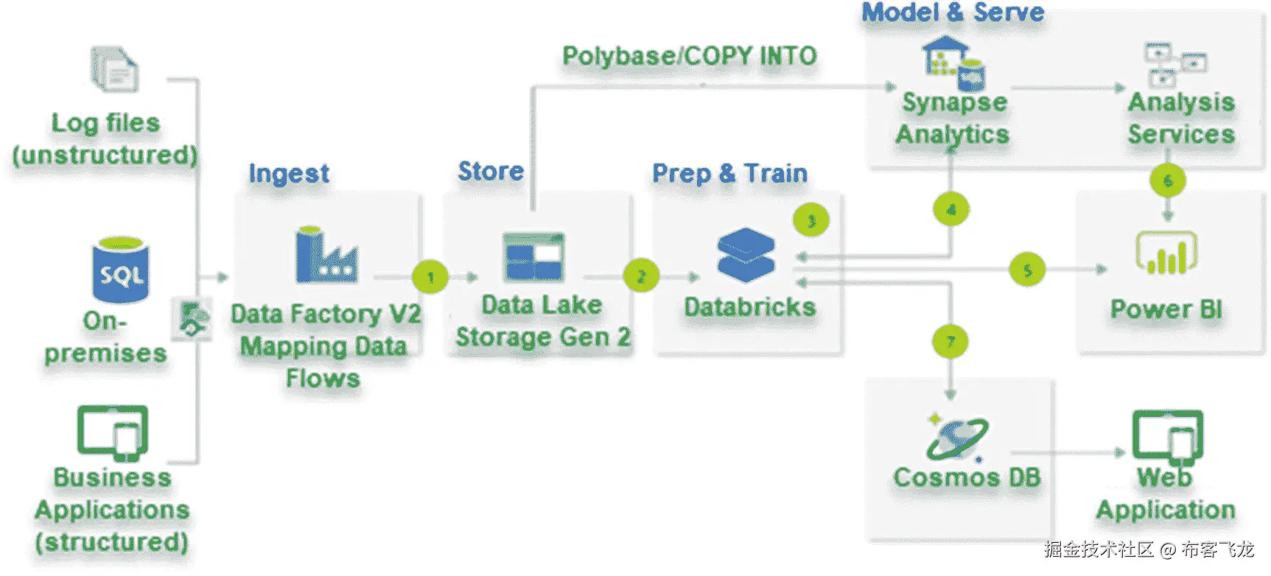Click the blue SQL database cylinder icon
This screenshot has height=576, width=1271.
click(x=120, y=270)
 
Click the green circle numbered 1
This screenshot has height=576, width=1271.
click(x=430, y=278)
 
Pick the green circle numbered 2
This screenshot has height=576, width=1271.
click(x=641, y=277)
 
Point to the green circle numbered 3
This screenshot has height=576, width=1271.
click(x=811, y=220)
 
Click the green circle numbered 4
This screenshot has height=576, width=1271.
click(x=951, y=210)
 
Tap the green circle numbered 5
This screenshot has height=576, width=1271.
click(x=1027, y=270)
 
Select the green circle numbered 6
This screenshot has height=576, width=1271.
click(x=1167, y=180)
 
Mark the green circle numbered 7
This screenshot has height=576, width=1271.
click(x=950, y=342)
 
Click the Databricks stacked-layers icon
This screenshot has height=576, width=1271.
click(x=746, y=255)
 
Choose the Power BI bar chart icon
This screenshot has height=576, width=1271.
click(x=1166, y=253)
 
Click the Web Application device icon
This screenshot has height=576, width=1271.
click(x=1167, y=435)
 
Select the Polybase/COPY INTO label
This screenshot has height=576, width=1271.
click(x=689, y=56)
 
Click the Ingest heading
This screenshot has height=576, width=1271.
click(x=289, y=174)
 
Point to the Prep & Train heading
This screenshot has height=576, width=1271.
click(x=729, y=173)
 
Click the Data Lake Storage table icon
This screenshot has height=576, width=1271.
click(x=533, y=257)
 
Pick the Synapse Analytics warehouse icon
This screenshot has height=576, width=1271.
click(x=953, y=63)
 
